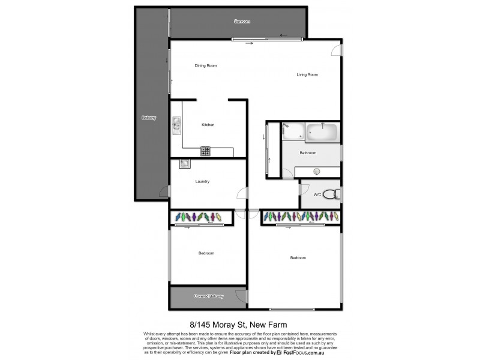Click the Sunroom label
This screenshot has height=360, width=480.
[242, 22]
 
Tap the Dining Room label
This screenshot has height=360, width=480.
[205, 65]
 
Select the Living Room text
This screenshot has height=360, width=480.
[307, 74]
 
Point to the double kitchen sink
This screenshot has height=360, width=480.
[176, 125]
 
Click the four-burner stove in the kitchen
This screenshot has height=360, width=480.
[205, 151]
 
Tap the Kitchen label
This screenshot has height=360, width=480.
[208, 125]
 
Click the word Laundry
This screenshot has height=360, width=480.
[202, 182]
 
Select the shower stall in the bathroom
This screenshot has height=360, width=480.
[292, 130]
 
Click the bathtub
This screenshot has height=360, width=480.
[322, 130]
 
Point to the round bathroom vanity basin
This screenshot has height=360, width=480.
[317, 171]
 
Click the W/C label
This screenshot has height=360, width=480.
[317, 194]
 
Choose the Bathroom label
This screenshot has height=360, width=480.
[308, 153]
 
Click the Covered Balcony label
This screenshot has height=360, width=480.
[208, 296]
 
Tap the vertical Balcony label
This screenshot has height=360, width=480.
[149, 118]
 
